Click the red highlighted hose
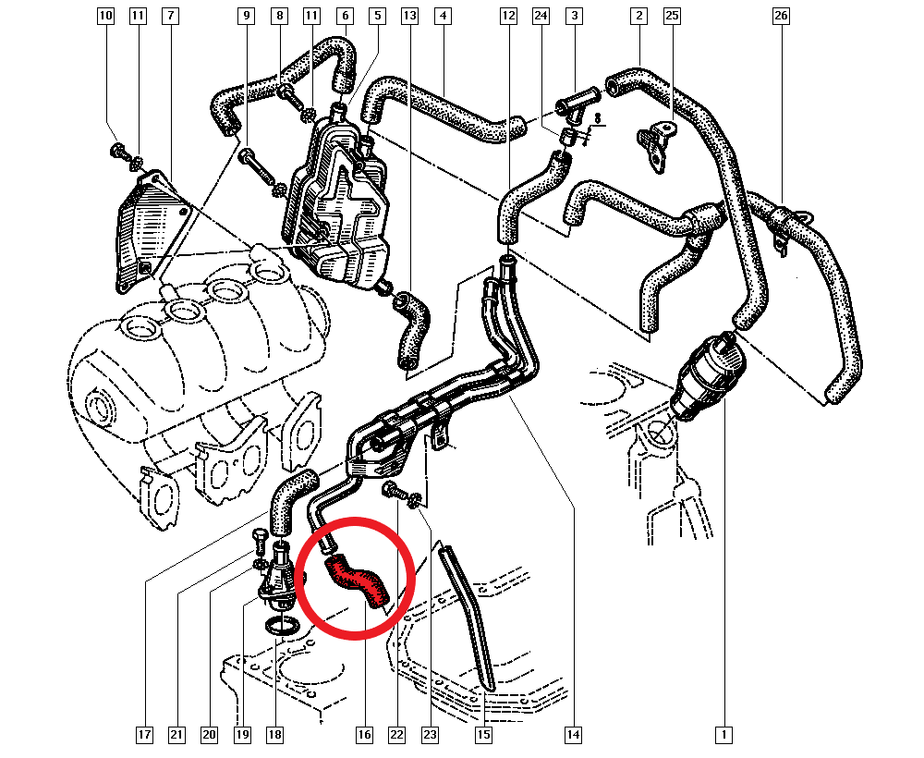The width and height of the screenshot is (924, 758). (x=357, y=581)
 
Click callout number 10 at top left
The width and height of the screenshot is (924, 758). (x=105, y=15)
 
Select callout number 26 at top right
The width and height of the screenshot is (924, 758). (x=781, y=16)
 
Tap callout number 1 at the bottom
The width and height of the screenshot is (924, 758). (x=723, y=734)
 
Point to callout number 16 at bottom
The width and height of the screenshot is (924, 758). (x=364, y=734)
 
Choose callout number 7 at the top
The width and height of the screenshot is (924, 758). (x=170, y=15)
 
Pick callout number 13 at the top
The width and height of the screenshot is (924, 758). (x=409, y=16)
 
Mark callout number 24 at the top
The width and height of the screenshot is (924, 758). (x=541, y=16)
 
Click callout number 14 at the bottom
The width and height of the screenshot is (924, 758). (x=573, y=734)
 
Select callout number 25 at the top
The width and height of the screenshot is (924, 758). (x=672, y=16)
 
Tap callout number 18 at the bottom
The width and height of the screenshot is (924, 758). (x=274, y=734)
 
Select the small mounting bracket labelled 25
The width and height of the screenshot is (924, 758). (x=656, y=145)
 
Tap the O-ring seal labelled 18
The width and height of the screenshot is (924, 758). (x=282, y=626)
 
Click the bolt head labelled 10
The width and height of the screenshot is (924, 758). (x=117, y=151)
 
